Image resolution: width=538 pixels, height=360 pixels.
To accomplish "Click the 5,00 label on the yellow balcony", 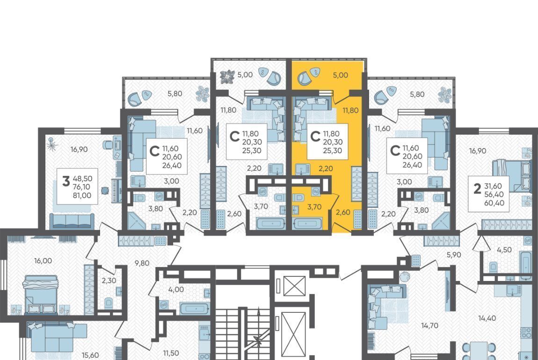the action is point(341,75).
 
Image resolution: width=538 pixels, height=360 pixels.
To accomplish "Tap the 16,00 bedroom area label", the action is point(43,261).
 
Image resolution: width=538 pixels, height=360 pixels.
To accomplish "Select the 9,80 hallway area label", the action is point(142,263).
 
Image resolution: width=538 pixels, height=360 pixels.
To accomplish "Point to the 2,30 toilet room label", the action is point(109,281).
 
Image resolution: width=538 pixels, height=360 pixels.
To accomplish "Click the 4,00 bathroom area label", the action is point(176,289).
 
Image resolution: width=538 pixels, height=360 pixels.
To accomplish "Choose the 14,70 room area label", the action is point(429,325).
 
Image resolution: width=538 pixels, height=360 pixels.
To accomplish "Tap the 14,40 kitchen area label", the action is point(487,318).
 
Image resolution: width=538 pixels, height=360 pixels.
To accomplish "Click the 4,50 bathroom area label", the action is point(504,250).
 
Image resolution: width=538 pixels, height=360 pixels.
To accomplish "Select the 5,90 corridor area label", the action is point(453,255).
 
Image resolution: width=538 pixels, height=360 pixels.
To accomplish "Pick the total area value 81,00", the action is point(82,195).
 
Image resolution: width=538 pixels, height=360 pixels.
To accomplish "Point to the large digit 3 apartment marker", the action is point(65,181).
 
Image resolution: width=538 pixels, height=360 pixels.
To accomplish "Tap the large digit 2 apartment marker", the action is point(477,189).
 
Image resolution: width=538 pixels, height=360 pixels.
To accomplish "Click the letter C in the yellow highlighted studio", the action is point(315,137).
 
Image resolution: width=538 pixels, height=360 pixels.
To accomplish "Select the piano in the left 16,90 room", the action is point(116,191).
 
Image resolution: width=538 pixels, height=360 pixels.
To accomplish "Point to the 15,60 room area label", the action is point(91,355).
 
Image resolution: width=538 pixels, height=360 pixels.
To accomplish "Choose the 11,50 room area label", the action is point(171,353).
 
